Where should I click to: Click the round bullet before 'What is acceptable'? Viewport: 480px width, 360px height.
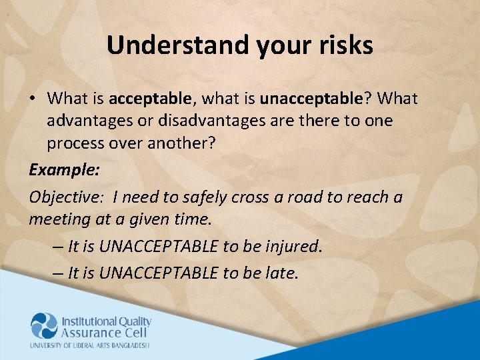pyautogui.click(x=33, y=99)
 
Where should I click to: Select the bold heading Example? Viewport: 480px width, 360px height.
pyautogui.click(x=65, y=169)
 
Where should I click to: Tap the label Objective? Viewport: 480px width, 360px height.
pyautogui.click(x=67, y=197)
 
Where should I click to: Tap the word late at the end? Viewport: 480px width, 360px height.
pyautogui.click(x=282, y=273)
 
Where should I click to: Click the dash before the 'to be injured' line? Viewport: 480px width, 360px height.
pyautogui.click(x=57, y=246)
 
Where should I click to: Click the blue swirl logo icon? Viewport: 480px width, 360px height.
pyautogui.click(x=44, y=326)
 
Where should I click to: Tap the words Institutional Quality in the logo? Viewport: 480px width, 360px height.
pyautogui.click(x=107, y=321)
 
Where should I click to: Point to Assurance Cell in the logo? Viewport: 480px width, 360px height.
pyautogui.click(x=101, y=333)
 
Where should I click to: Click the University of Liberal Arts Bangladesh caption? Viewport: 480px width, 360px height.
pyautogui.click(x=89, y=345)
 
